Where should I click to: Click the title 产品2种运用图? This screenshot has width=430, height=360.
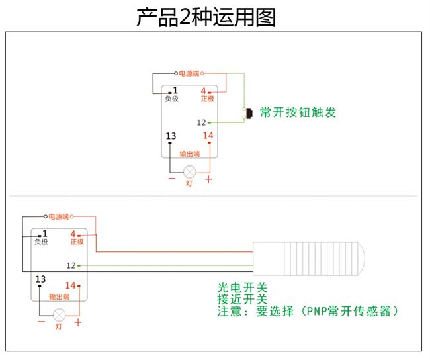coord(206,17)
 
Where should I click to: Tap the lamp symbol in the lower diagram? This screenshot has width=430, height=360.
coord(60,314)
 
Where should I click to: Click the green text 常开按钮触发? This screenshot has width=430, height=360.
coord(298,112)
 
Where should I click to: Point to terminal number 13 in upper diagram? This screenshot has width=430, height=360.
coord(171,136)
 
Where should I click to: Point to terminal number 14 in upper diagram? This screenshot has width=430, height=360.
coord(208,136)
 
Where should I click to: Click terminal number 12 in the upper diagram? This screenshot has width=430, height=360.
coord(202,122)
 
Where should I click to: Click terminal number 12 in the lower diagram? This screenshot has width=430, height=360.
coord(71,265)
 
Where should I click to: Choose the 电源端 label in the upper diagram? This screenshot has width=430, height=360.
coord(189,73)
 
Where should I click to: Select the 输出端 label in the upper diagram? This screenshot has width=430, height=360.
coord(190,154)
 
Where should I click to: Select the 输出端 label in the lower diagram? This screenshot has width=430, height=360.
coord(60,297)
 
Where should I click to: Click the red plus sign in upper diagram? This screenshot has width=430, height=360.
coord(208,179)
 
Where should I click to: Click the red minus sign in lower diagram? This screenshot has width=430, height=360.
coord(42,322)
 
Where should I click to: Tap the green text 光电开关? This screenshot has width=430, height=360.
coord(242,288)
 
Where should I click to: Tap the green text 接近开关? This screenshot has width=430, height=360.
coord(242,299)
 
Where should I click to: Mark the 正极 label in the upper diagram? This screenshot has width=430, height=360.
coord(208,99)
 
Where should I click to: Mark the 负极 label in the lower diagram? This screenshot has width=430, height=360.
coord(41,242)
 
